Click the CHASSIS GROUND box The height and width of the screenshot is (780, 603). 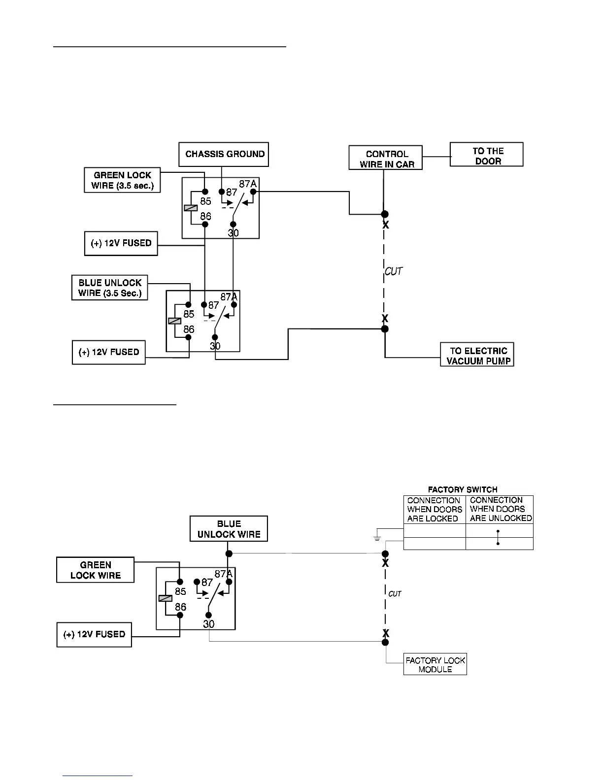(x=225, y=154)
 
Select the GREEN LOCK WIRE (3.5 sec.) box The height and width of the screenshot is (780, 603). (x=122, y=180)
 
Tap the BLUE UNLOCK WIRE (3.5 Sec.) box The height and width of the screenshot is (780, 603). (x=110, y=288)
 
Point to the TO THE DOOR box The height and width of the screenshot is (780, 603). (x=487, y=155)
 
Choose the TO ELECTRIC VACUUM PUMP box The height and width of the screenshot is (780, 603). (x=477, y=355)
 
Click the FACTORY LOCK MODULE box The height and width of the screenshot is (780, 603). (x=435, y=665)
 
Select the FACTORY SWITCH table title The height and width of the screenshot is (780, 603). (x=463, y=489)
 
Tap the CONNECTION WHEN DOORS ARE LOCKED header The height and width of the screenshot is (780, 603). (x=435, y=509)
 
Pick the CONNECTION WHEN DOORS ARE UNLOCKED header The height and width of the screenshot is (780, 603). (x=500, y=509)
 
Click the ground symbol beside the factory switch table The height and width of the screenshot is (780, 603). (x=377, y=536)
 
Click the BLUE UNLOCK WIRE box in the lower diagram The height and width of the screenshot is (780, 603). (x=229, y=529)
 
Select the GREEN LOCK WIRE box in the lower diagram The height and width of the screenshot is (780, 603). (x=95, y=570)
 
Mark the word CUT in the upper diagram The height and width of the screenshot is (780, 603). (x=394, y=271)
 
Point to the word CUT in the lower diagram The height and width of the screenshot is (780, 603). (x=395, y=594)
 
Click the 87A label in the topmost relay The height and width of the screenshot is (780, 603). (x=248, y=184)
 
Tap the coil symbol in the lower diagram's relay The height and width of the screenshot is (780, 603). (x=165, y=598)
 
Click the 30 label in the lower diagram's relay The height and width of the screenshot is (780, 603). (x=209, y=624)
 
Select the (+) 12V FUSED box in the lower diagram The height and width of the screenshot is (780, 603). (x=94, y=635)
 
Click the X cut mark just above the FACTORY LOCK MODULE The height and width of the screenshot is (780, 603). (x=386, y=633)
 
